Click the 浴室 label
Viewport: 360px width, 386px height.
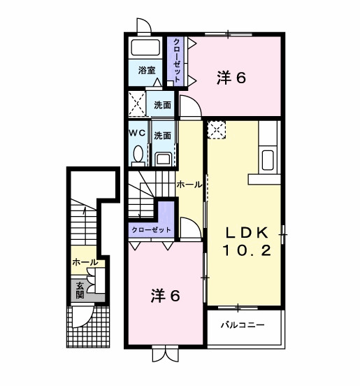pyautogui.click(x=146, y=70)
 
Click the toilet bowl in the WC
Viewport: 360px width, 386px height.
pyautogui.click(x=138, y=154)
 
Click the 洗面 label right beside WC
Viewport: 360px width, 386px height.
pyautogui.click(x=162, y=135)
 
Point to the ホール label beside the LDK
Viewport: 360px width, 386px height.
pyautogui.click(x=189, y=185)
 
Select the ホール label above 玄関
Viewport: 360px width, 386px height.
pyautogui.click(x=84, y=262)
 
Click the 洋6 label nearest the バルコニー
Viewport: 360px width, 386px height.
pyautogui.click(x=166, y=295)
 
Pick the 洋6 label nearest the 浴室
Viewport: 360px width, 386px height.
pyautogui.click(x=231, y=78)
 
